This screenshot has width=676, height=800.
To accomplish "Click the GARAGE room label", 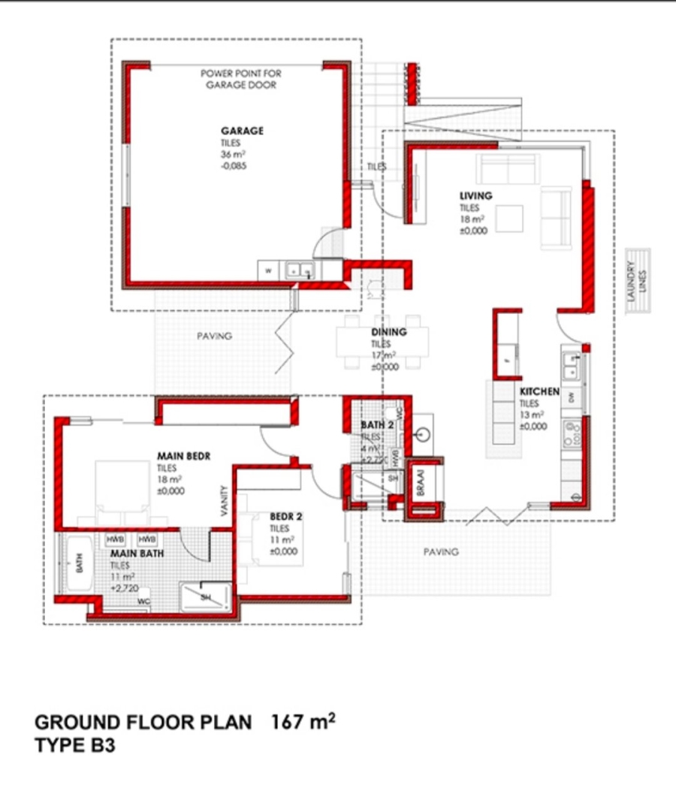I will (x=242, y=131).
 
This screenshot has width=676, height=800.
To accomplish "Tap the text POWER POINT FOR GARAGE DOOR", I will (x=241, y=80).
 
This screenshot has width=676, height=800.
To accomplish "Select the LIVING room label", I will (x=476, y=195).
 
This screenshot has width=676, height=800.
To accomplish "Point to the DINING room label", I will (x=389, y=332).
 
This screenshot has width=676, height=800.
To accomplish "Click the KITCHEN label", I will (x=539, y=391).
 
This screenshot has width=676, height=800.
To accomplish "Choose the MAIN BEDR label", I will (x=183, y=455).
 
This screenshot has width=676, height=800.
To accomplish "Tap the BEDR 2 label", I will (x=285, y=517).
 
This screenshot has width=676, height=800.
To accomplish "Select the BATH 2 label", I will (x=377, y=426).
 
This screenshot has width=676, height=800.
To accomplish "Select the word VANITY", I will (x=224, y=499).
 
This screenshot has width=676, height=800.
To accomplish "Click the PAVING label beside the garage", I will (x=215, y=336).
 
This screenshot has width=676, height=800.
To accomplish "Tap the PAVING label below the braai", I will (x=440, y=551).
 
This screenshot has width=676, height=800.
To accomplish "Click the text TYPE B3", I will (x=75, y=747).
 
